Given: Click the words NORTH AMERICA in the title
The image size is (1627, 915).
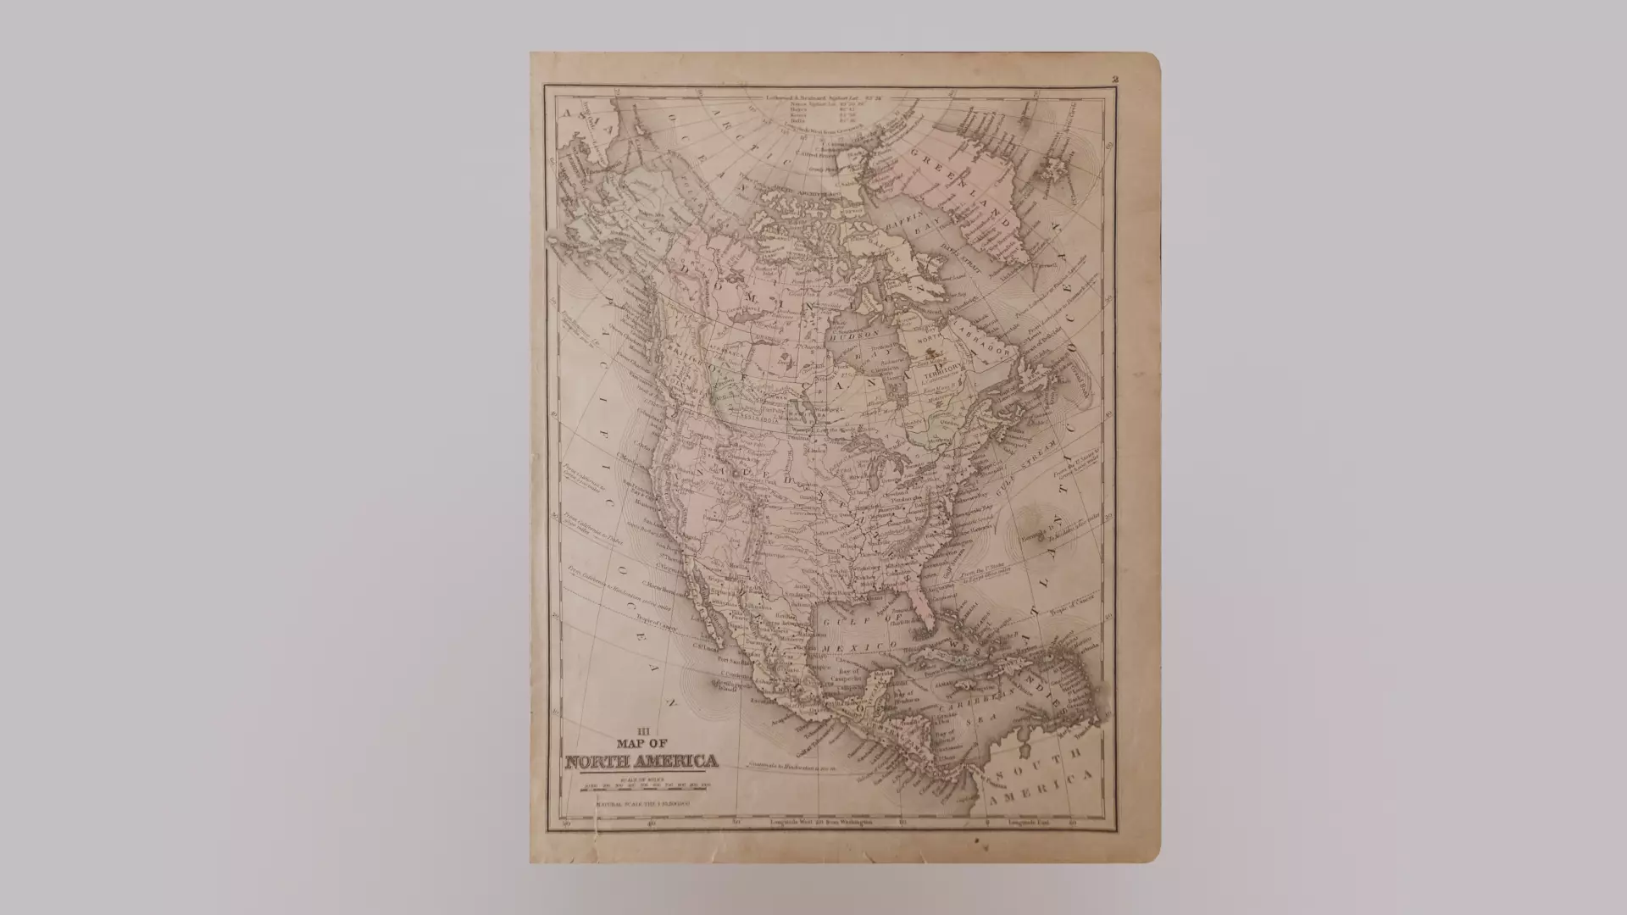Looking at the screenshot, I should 641,762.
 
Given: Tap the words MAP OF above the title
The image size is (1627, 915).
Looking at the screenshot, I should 641,744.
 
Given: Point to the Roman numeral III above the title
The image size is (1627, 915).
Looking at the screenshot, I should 641,731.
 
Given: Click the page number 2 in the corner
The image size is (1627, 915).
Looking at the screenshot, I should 1116,80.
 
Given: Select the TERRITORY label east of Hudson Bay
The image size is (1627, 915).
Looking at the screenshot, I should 945,372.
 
